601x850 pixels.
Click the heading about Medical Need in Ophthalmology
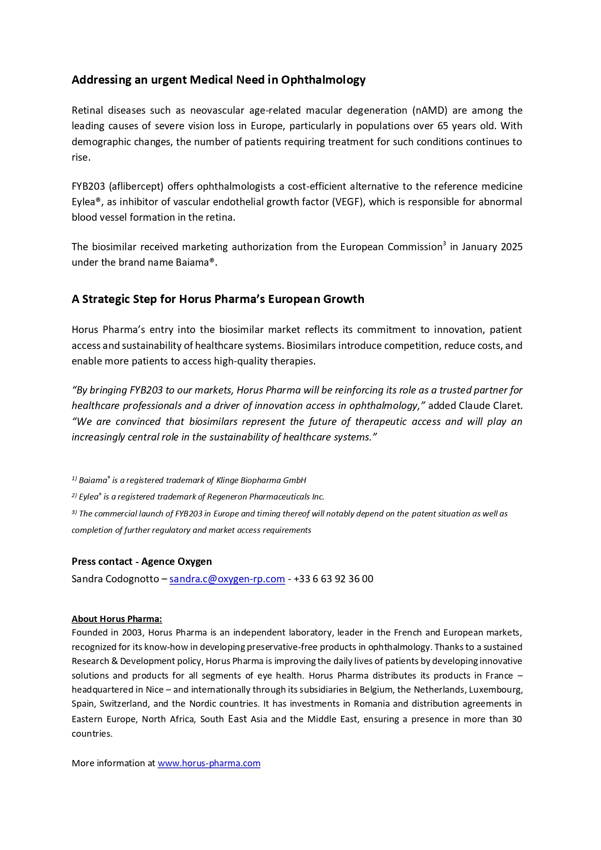tap(218, 80)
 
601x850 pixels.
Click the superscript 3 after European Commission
tap(444, 243)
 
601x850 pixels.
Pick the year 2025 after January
tap(511, 247)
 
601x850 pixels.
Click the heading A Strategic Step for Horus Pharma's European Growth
tap(218, 299)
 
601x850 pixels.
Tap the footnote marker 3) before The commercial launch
tap(74, 513)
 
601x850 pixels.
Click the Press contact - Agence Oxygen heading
tap(142, 562)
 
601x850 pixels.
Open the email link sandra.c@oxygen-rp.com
tap(227, 579)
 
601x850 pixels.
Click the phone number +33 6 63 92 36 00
tap(333, 579)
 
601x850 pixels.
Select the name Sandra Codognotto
tap(115, 579)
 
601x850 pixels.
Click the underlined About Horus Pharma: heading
tap(117, 619)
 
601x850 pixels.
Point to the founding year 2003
tap(132, 633)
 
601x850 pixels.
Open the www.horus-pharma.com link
tap(209, 763)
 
